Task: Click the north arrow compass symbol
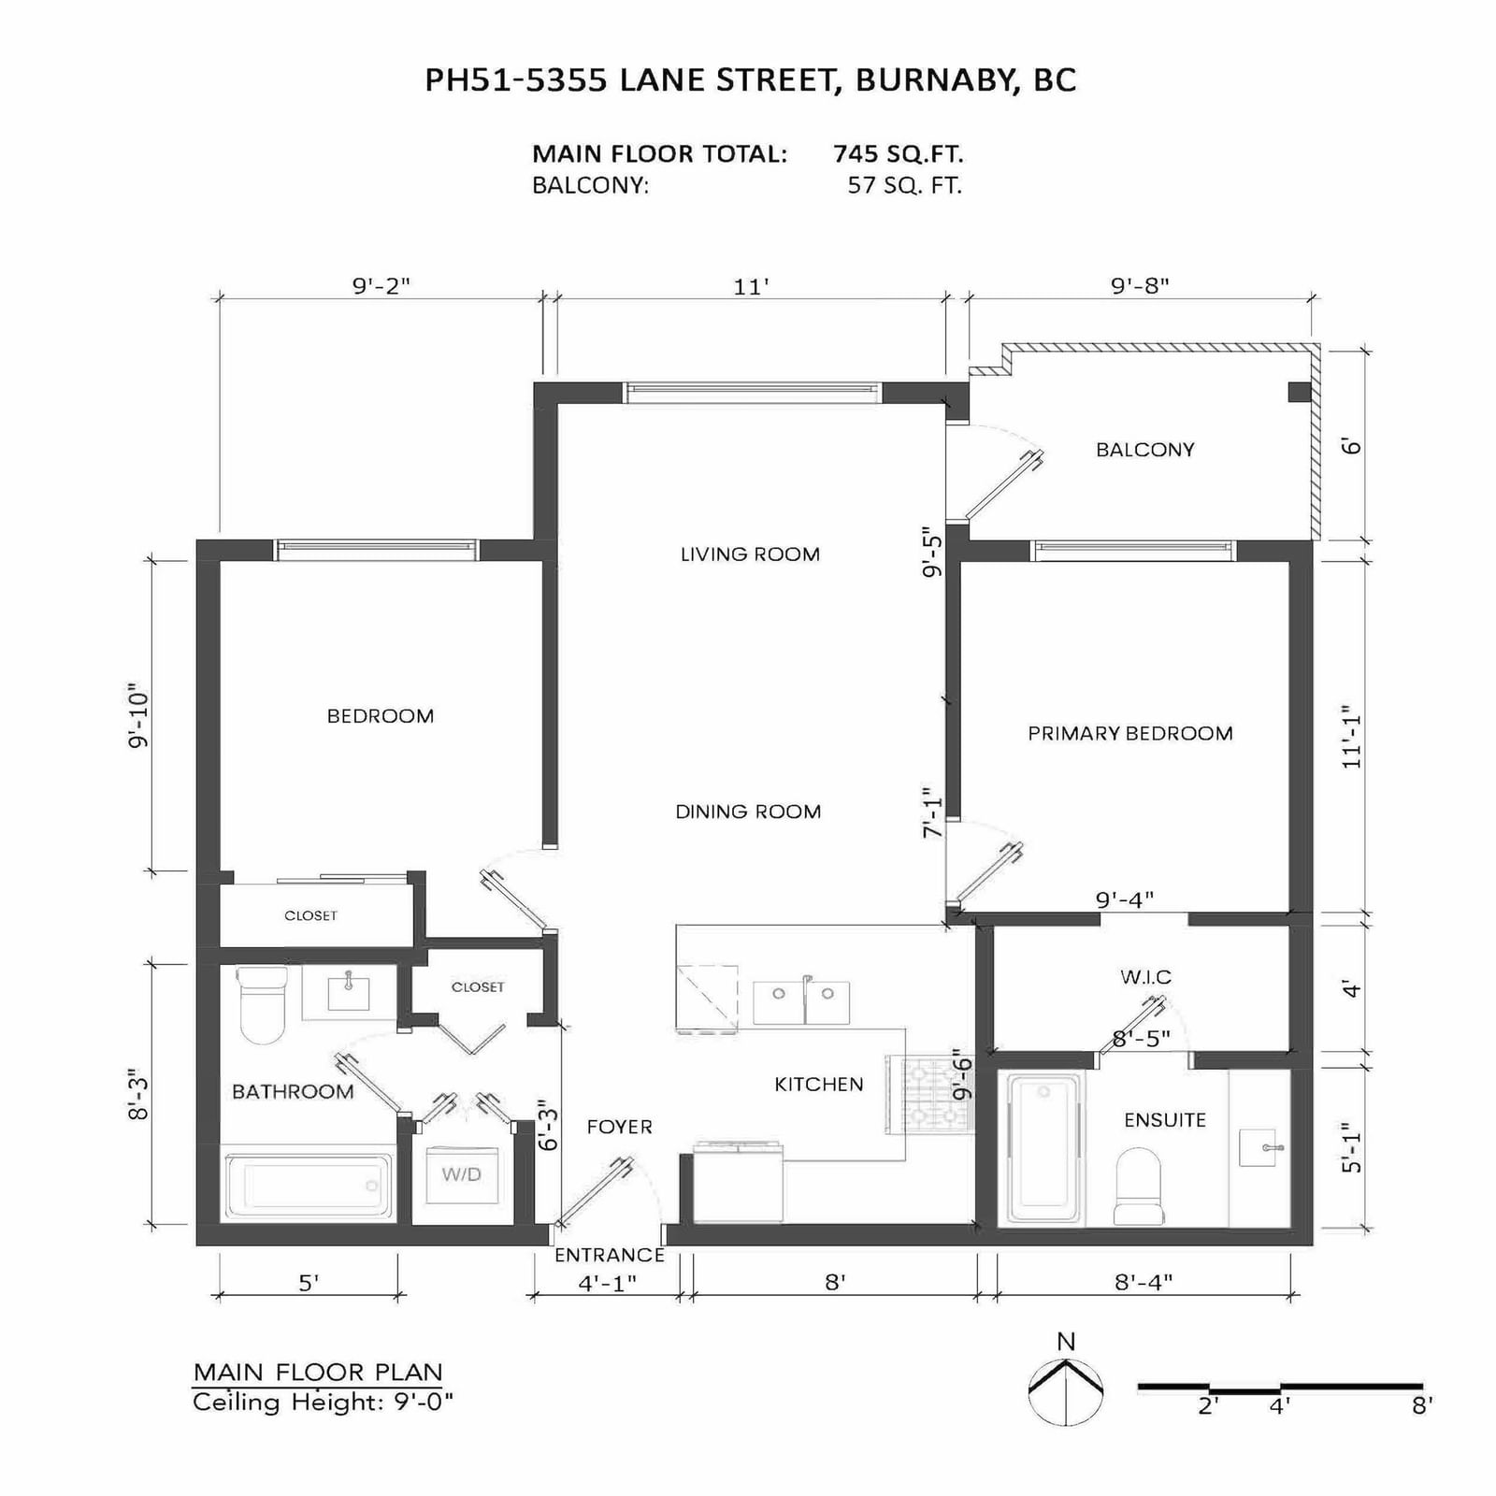click(1066, 1392)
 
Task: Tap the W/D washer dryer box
click(462, 1174)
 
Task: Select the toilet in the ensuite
click(1138, 1186)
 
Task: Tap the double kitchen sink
click(801, 1002)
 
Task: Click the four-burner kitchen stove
click(927, 1095)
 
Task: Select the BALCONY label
click(1145, 450)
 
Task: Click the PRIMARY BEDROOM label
click(1130, 734)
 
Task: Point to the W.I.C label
click(1145, 977)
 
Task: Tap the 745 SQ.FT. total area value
click(899, 153)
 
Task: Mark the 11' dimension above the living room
click(751, 286)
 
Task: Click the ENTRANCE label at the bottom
click(610, 1256)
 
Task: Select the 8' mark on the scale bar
click(1422, 1405)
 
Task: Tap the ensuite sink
click(1258, 1147)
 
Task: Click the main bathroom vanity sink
click(349, 994)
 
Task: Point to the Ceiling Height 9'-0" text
click(324, 1402)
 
